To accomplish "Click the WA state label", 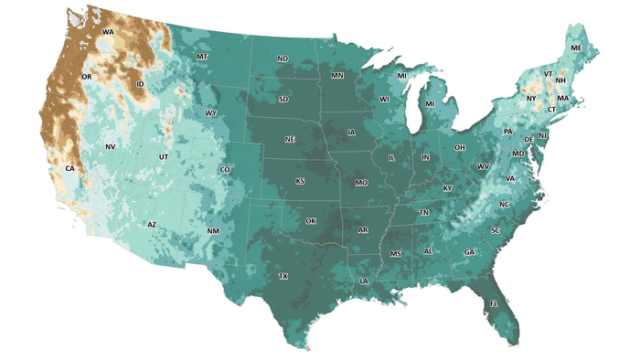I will [x=108, y=33].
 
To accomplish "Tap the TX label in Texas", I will [x=283, y=276].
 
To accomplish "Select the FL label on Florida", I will [x=494, y=303].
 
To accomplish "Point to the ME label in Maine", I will [x=576, y=48].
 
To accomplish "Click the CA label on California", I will [x=69, y=169].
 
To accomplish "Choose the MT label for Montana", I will [x=202, y=58].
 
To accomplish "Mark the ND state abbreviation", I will [x=283, y=59].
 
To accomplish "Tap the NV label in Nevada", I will [x=110, y=147].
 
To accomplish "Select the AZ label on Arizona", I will [x=153, y=225].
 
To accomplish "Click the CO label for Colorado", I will [x=226, y=170].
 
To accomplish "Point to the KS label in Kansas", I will [x=300, y=181].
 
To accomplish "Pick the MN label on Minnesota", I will [x=337, y=75].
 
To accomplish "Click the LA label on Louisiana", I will [x=364, y=281].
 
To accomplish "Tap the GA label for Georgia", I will [x=469, y=252].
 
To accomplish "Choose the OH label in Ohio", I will [x=460, y=147].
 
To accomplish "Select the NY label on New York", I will [x=531, y=98].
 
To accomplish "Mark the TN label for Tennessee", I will [x=424, y=213].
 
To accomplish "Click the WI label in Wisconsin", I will [x=385, y=99].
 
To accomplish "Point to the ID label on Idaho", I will [x=140, y=85].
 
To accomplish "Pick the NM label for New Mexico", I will [x=213, y=231].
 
